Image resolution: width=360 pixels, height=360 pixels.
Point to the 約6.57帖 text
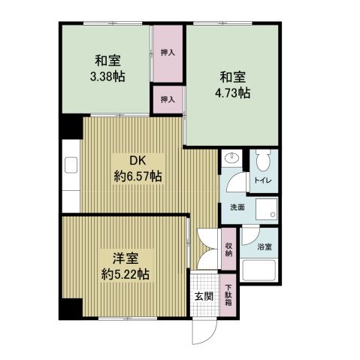coord(138,177)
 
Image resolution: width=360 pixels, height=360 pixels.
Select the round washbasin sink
coord(231,159)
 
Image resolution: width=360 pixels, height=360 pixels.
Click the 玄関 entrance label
coord(203,296)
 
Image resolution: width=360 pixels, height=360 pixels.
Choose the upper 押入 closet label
coord(168,53)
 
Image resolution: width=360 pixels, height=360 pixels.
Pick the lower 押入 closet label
coord(168,98)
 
